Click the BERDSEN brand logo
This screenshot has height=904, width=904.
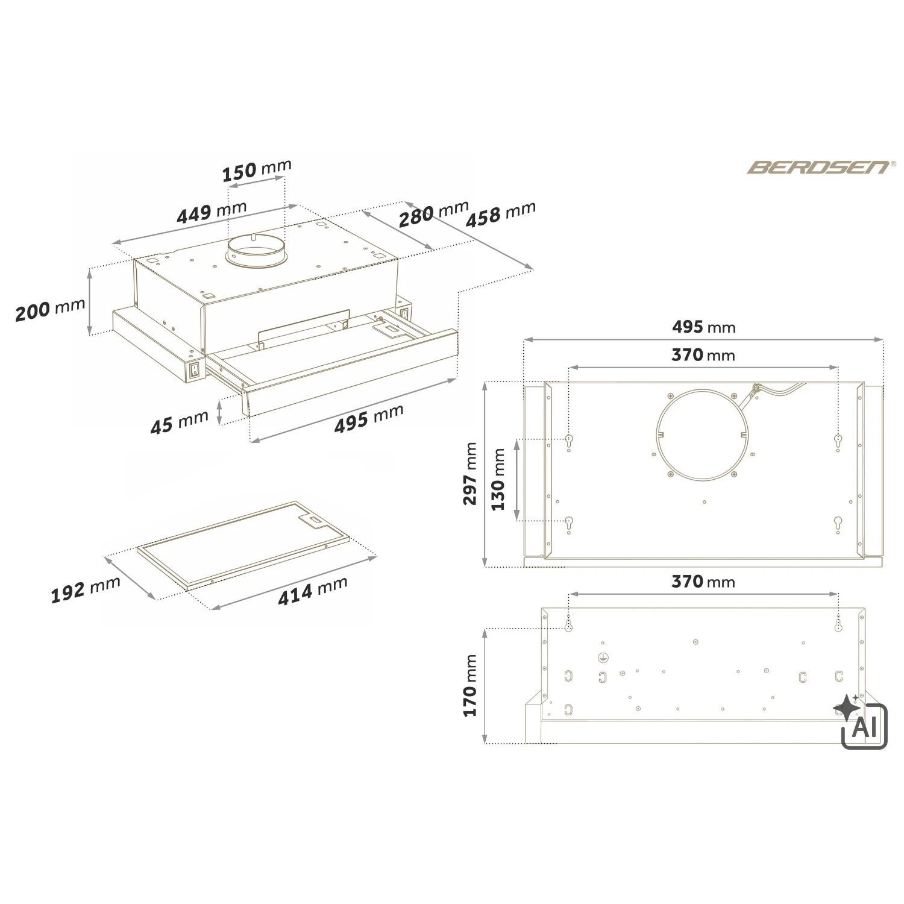pos(818,167)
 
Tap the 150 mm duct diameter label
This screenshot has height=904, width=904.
pos(257,170)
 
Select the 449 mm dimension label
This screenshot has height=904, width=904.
pos(212,212)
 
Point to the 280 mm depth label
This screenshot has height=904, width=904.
pos(433,214)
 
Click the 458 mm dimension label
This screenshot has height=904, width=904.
pos(500,215)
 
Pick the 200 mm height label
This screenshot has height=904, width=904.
pos(50,310)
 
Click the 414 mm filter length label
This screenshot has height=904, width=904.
pos(313,591)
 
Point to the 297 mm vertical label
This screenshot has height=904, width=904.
pos(470,474)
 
